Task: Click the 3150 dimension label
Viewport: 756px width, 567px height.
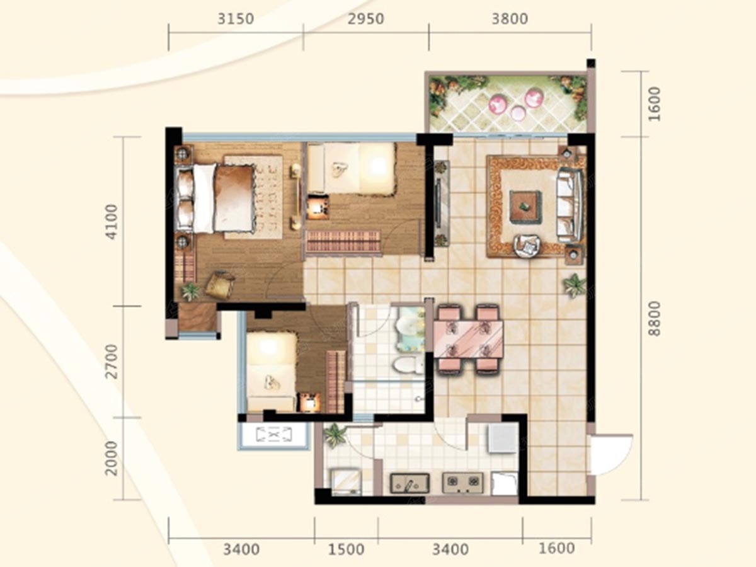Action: (x=236, y=19)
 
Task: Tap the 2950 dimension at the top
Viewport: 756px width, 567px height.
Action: (x=366, y=19)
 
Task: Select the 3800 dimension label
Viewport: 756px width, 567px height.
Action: (x=510, y=19)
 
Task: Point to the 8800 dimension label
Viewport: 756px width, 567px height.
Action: (x=654, y=318)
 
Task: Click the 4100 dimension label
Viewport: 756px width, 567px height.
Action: (x=112, y=222)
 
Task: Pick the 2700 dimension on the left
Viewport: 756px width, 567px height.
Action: (x=112, y=361)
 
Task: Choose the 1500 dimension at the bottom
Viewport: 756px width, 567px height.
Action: (x=346, y=549)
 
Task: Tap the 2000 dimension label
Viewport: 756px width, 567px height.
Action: (x=112, y=458)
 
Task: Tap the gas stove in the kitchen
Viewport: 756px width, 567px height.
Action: (x=463, y=483)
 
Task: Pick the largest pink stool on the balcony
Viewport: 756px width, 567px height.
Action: (x=534, y=98)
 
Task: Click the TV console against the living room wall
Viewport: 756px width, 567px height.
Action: (x=441, y=203)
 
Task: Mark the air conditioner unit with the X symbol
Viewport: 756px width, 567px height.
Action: (x=274, y=435)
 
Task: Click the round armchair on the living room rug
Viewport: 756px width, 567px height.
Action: (x=527, y=245)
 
